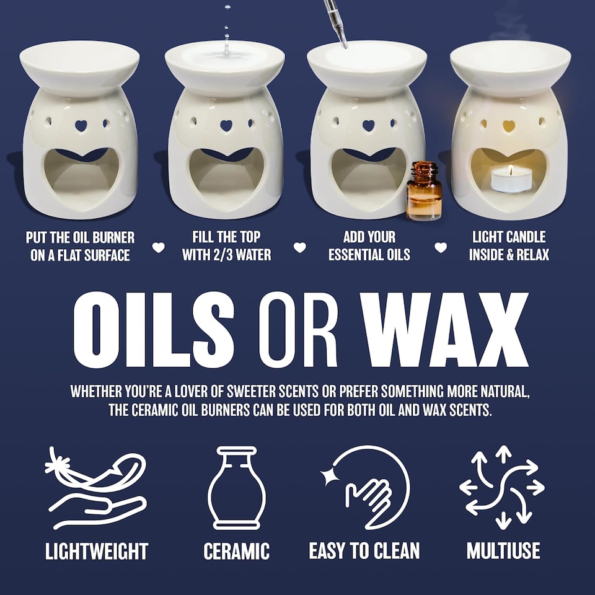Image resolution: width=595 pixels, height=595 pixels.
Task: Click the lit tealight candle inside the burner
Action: coord(511,180)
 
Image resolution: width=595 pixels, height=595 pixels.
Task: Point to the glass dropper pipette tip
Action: coord(345,45)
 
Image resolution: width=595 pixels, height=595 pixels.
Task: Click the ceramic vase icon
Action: coord(236,488)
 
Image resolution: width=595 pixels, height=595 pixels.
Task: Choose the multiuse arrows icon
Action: coord(502,487)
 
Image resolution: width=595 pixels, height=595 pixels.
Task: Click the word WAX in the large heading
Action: coord(444,329)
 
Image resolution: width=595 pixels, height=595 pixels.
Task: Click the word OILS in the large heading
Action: coord(154,329)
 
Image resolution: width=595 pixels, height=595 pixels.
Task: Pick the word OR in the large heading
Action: coord(298,329)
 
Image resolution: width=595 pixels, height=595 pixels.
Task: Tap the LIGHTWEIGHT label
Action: coord(97,551)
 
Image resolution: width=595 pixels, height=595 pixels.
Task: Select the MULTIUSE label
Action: coord(503,550)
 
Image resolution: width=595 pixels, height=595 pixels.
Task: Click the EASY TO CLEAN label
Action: coord(364,550)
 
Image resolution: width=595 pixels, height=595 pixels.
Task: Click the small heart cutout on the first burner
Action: coord(81,126)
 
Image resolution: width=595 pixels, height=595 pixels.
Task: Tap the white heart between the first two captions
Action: coord(159,247)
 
